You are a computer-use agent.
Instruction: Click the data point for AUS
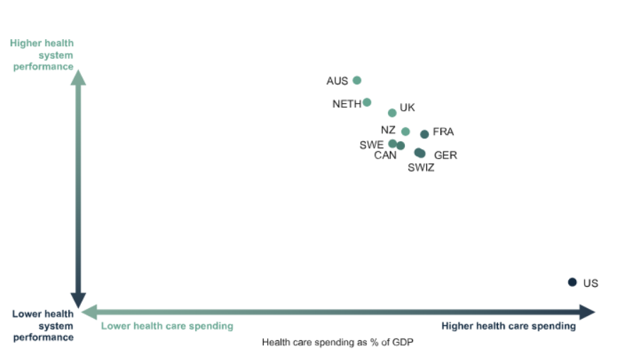[357, 80]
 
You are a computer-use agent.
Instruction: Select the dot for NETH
[367, 102]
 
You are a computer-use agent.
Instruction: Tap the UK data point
[392, 113]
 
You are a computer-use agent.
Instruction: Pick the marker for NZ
[405, 131]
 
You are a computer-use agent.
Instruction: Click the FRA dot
[424, 134]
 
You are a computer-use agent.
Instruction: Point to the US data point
[572, 282]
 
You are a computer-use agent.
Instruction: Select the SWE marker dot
[393, 143]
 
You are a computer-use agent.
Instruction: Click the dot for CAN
[401, 146]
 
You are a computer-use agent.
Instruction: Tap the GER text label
[445, 156]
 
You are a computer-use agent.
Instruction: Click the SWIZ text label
[421, 168]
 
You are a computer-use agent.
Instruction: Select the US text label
[590, 283]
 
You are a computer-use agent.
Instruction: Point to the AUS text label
[337, 81]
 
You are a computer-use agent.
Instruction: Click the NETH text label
[347, 104]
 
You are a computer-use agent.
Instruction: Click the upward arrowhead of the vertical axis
[78, 76]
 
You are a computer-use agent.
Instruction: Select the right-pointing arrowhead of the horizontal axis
[587, 312]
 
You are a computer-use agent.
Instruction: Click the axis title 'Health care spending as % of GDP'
[337, 342]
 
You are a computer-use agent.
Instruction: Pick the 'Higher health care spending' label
[509, 326]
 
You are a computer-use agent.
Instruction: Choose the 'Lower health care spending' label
[167, 326]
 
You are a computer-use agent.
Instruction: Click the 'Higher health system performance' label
[43, 55]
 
